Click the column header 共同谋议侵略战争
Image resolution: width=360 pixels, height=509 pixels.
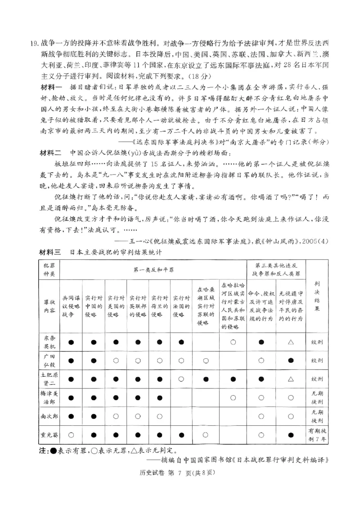pyautogui.click(x=71, y=308)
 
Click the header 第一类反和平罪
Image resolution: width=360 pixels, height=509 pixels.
pyautogui.click(x=153, y=270)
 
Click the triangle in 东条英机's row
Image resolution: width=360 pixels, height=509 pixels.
pyautogui.click(x=291, y=342)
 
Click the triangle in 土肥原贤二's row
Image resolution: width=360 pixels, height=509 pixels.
pyautogui.click(x=291, y=379)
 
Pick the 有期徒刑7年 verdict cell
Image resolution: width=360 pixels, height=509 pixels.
pyautogui.click(x=317, y=435)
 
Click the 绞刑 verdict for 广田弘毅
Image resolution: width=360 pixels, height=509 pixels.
pyautogui.click(x=317, y=361)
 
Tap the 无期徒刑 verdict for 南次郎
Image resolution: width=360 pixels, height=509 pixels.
pyautogui.click(x=317, y=416)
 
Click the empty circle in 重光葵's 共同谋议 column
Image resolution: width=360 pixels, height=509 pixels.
pyautogui.click(x=71, y=435)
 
